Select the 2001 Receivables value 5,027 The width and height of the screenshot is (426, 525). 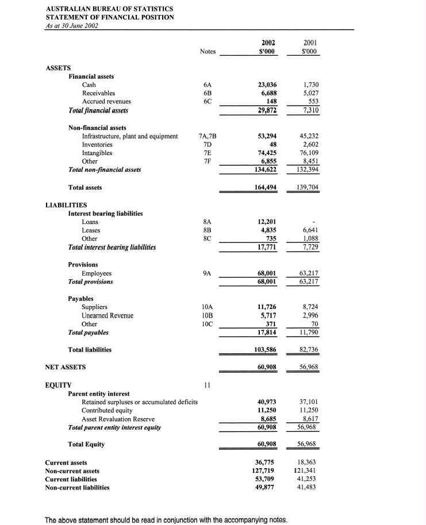(310, 92)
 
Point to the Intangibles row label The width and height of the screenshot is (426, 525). (97, 153)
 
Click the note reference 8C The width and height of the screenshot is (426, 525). (207, 238)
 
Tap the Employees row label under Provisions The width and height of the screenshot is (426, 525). (97, 273)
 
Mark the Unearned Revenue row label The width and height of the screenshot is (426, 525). (108, 316)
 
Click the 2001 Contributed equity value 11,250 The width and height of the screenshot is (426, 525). (308, 411)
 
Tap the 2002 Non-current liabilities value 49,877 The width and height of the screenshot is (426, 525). (266, 488)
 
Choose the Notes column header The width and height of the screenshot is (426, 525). (208, 52)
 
